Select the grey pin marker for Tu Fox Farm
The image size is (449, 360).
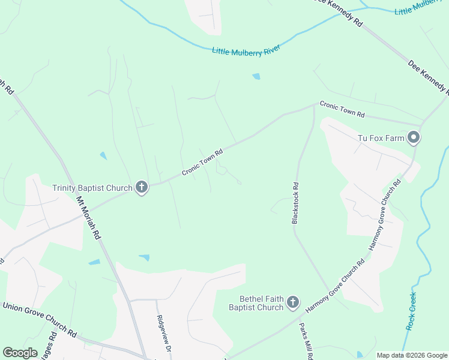click(414, 139)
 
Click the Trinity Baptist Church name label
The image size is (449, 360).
click(92, 188)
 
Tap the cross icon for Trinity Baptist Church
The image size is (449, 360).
click(142, 188)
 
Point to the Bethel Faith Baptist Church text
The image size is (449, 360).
click(256, 303)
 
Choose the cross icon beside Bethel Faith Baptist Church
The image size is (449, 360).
click(293, 302)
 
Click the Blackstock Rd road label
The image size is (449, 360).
click(295, 203)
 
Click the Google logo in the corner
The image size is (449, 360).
click(20, 353)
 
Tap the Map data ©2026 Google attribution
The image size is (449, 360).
click(411, 355)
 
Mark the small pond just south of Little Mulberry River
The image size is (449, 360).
click(257, 76)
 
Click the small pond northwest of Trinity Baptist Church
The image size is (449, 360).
click(103, 156)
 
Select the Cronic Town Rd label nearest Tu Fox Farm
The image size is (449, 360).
click(342, 109)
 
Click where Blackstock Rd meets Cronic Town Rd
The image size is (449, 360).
click(314, 106)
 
